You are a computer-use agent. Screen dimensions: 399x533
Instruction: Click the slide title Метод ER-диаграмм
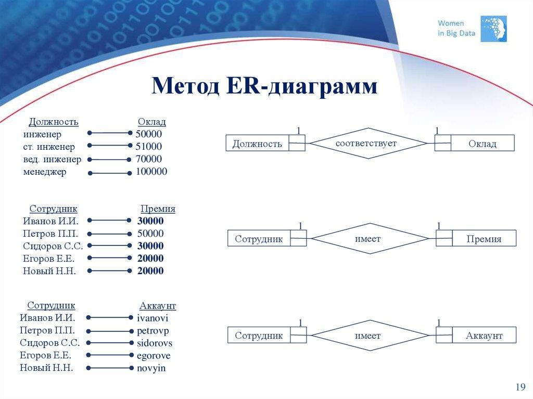click(264, 86)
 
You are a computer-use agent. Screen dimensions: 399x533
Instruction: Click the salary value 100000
click(151, 172)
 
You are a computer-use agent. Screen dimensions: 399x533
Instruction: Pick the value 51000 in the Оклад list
click(149, 147)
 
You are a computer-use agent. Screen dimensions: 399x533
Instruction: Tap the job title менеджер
click(45, 172)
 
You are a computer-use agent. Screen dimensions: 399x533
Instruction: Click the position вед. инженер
click(52, 159)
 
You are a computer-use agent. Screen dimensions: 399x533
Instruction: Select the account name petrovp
click(153, 330)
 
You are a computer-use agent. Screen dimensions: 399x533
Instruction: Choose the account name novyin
click(151, 368)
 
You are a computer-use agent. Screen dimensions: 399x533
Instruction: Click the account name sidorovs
click(155, 343)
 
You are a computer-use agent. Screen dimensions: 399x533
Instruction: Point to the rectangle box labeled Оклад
click(482, 144)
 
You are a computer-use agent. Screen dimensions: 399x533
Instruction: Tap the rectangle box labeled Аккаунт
click(484, 336)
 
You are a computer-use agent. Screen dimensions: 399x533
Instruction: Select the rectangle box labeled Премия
click(484, 239)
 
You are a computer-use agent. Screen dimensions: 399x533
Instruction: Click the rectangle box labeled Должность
click(258, 144)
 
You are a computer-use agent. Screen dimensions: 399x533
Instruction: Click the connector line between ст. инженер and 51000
click(110, 146)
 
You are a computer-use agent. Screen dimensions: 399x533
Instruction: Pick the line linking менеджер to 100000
click(110, 172)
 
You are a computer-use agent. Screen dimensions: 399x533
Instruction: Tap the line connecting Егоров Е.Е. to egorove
click(110, 355)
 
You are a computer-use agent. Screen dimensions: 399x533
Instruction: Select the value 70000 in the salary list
click(149, 159)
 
